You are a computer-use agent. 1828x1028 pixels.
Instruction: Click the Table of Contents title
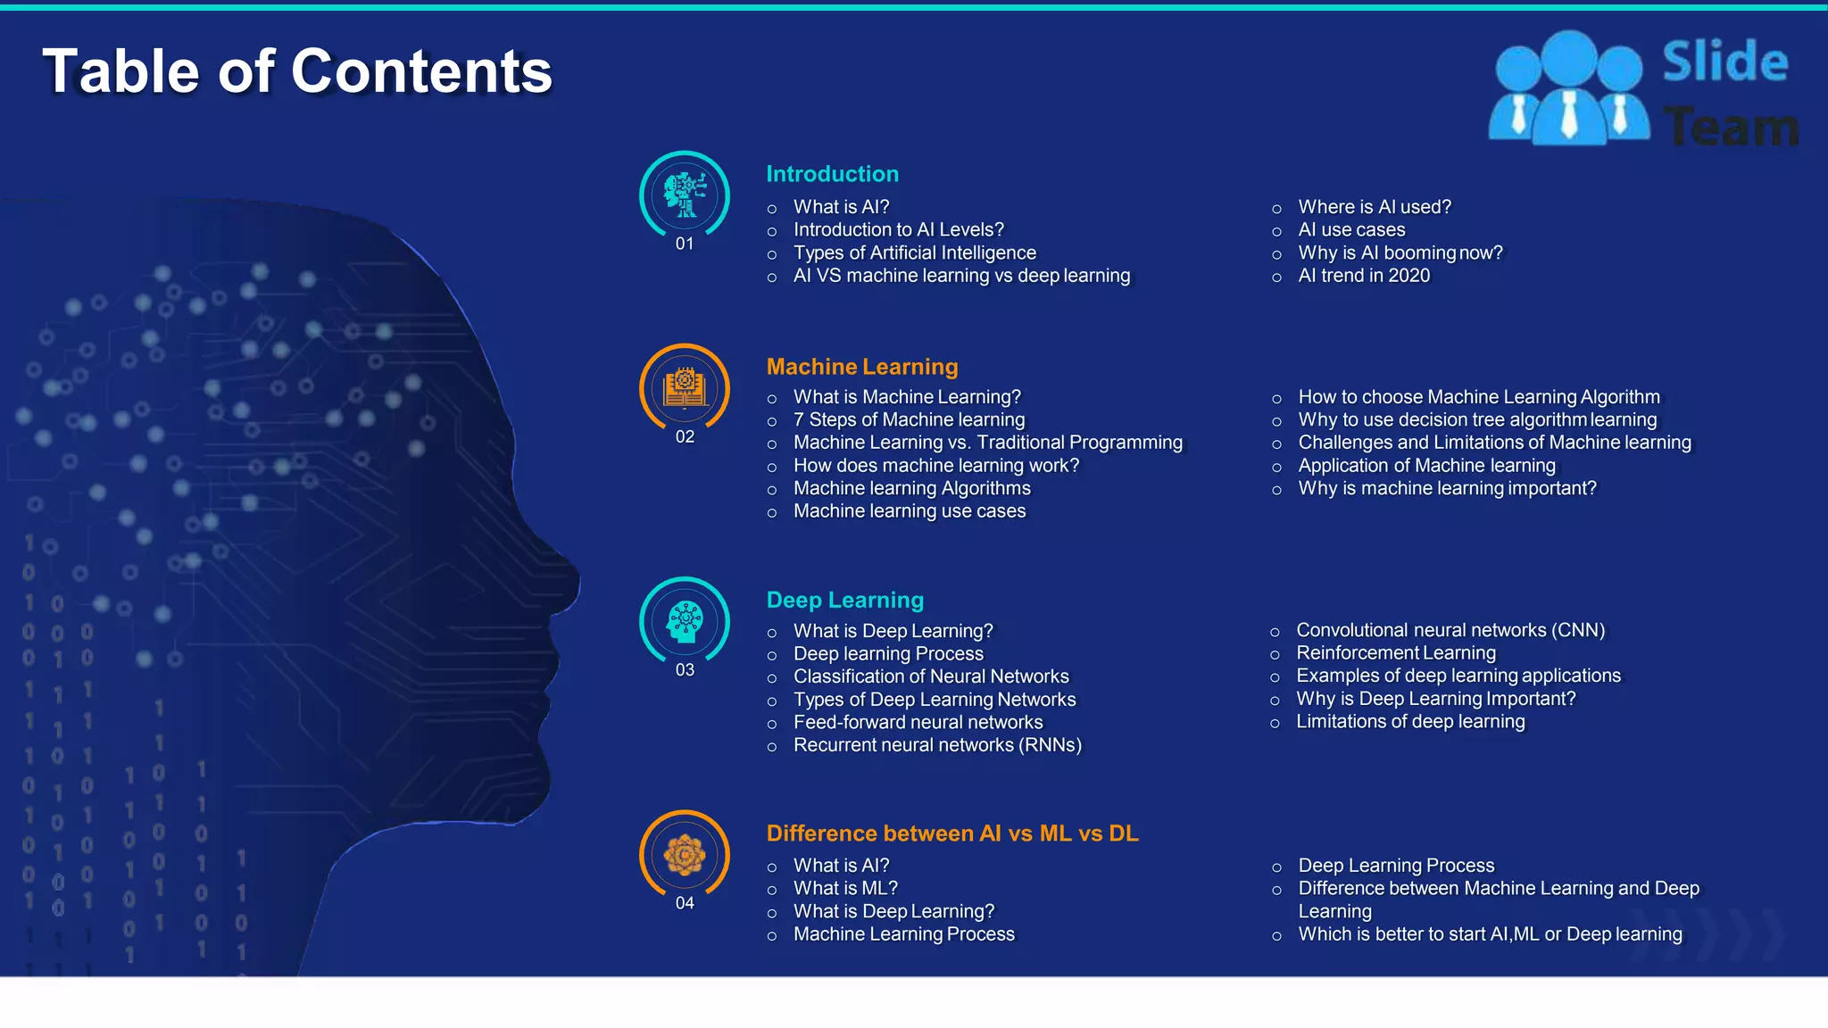(297, 71)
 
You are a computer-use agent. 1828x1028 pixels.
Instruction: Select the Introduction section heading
(832, 174)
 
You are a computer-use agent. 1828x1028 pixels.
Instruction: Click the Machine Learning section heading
(861, 367)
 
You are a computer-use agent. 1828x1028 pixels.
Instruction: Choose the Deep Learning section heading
(844, 600)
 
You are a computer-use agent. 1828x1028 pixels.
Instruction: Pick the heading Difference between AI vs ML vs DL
(951, 833)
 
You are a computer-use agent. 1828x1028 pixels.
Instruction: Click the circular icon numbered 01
(685, 195)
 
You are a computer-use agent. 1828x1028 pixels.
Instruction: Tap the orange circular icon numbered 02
(685, 388)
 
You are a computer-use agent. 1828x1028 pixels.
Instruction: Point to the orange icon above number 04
(685, 855)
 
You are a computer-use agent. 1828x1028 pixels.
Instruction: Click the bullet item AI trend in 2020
(1363, 276)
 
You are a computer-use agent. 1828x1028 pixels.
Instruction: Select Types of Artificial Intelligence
(914, 253)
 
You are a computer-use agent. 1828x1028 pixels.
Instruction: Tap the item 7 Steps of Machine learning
(909, 420)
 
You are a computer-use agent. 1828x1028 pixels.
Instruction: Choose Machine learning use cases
(909, 511)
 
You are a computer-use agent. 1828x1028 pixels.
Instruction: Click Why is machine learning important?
(1446, 489)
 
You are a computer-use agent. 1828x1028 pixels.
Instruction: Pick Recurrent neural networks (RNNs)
(936, 745)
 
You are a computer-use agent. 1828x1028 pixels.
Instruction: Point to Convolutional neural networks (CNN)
(1450, 630)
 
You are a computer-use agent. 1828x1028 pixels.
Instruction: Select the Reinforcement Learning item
(1395, 653)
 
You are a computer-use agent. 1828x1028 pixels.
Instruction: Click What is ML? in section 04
(844, 889)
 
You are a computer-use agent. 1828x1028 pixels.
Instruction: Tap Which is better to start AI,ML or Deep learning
(1489, 934)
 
